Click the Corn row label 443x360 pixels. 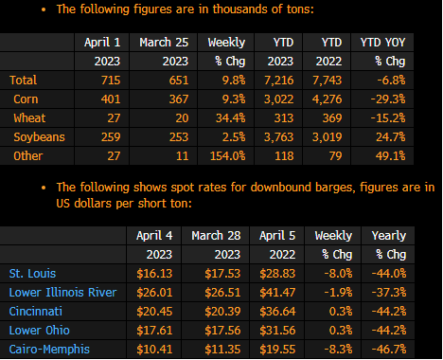[26, 99]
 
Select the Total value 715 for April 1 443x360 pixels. [111, 81]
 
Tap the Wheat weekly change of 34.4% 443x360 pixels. [230, 118]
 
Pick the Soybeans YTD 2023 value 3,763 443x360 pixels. [279, 137]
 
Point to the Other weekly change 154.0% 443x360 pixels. [228, 156]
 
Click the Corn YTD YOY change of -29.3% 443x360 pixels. [388, 99]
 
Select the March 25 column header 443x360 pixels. [164, 43]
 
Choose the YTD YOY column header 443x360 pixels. [382, 43]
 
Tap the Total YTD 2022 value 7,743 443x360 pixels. [328, 81]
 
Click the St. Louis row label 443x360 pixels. [32, 274]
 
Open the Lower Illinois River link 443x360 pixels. [62, 293]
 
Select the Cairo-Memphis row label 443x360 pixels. [49, 350]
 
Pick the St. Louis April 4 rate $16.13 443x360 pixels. [154, 274]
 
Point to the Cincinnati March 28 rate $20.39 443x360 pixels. [222, 312]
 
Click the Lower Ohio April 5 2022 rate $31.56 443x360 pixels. [277, 331]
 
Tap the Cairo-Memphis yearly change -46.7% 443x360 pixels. [389, 350]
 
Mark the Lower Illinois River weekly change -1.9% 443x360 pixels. [338, 293]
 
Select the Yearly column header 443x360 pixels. [389, 236]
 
